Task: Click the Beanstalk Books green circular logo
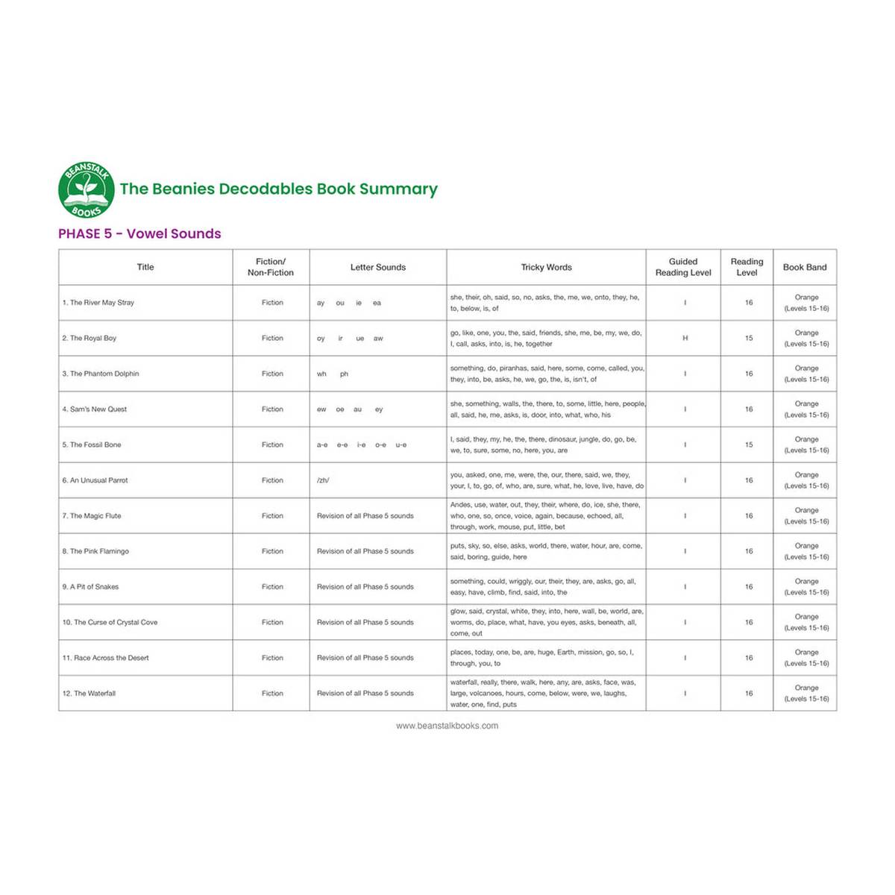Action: coord(87,189)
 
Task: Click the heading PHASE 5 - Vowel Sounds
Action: coord(139,233)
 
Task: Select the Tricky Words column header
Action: coord(546,267)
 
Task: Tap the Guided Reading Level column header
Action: coord(682,267)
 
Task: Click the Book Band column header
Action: coord(804,267)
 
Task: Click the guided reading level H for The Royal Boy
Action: coord(685,338)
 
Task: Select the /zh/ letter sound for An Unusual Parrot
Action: coord(323,480)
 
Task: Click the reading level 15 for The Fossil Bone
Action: coord(748,445)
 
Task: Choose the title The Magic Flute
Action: coord(92,516)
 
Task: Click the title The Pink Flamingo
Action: coord(95,551)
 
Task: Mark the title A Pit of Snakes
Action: coord(90,587)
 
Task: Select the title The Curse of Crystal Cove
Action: coord(110,622)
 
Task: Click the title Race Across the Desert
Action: coord(106,658)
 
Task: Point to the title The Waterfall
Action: coord(89,694)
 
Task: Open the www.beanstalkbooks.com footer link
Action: coord(447,726)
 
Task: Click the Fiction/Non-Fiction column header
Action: coord(270,267)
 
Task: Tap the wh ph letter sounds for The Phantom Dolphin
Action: coord(333,374)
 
